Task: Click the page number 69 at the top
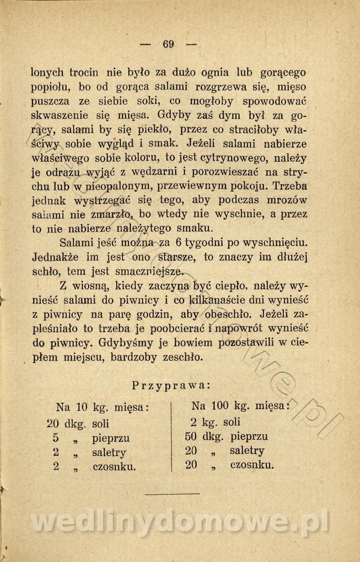pyautogui.click(x=169, y=44)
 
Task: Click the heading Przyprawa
pyautogui.click(x=171, y=385)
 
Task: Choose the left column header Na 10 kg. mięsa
pyautogui.click(x=102, y=407)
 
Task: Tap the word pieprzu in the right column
pyautogui.click(x=248, y=436)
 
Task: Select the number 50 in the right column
pyautogui.click(x=191, y=436)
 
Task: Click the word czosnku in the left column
pyautogui.click(x=115, y=466)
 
